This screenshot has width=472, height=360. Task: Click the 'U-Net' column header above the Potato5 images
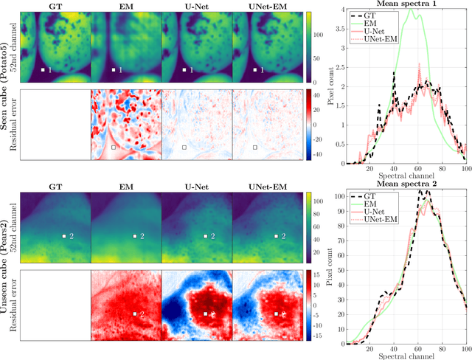[196, 4]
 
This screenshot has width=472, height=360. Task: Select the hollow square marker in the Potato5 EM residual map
[113, 148]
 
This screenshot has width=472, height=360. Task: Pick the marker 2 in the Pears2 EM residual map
[134, 314]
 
